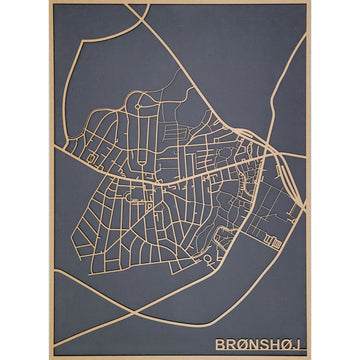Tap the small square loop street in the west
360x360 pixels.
tap(92, 158)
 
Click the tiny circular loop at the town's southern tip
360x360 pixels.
tap(207, 262)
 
